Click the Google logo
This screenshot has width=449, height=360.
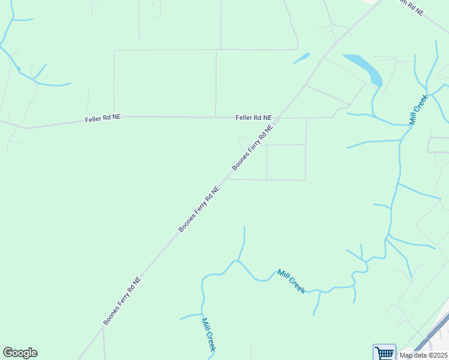point(20,353)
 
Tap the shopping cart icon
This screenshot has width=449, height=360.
point(384,352)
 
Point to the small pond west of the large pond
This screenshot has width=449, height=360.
point(301,58)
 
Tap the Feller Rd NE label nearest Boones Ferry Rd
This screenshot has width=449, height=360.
point(253,118)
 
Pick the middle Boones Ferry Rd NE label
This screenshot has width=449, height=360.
point(199,208)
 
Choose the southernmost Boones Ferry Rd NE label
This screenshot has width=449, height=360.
point(122,301)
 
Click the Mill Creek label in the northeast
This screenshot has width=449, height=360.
point(418,109)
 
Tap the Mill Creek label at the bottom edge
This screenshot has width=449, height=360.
point(208,334)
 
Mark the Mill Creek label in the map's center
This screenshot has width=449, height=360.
point(291,281)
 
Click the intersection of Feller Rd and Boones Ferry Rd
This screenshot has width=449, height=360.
point(281,118)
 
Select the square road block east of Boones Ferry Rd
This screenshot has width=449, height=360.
point(286,162)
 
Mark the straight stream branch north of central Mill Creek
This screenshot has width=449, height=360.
point(243,243)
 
